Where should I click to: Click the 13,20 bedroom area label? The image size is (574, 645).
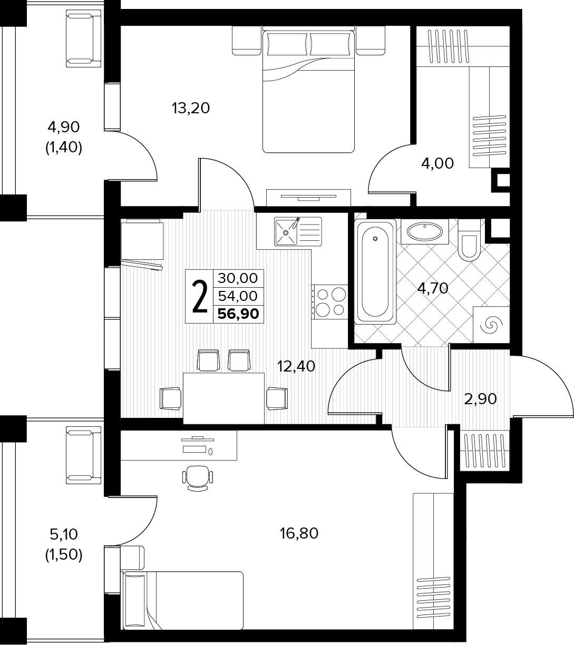(x=191, y=108)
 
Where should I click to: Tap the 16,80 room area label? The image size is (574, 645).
(x=299, y=533)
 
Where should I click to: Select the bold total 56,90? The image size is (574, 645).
(x=238, y=314)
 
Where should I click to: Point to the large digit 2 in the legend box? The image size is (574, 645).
(x=200, y=296)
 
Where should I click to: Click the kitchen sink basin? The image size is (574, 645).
(x=286, y=232)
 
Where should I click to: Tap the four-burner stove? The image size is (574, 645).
(x=330, y=301)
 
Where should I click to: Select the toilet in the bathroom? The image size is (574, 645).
(x=469, y=240)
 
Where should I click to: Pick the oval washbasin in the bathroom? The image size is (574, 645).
(x=425, y=231)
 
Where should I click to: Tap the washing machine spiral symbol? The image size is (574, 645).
(x=491, y=325)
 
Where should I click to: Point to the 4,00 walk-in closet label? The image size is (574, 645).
(x=437, y=164)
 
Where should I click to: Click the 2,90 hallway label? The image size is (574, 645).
(x=480, y=399)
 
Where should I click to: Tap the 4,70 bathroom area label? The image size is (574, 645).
(x=433, y=288)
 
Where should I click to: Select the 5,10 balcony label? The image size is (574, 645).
(x=64, y=534)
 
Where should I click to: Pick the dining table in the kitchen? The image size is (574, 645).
(x=223, y=398)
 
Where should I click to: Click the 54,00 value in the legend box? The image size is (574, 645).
(x=238, y=296)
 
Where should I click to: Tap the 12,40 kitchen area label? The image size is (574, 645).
(x=296, y=366)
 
